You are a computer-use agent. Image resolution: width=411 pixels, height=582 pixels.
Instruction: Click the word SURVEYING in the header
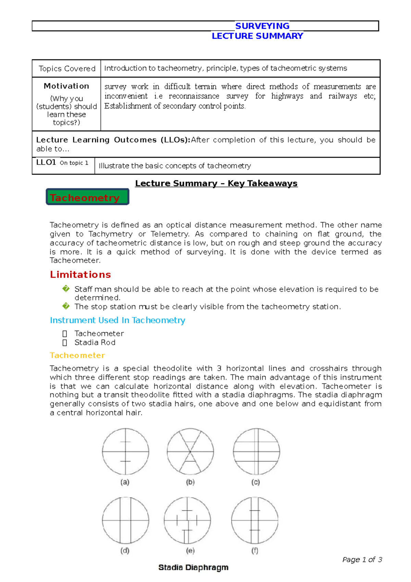tap(262, 26)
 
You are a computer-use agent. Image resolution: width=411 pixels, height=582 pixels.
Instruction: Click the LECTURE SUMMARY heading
tap(257, 36)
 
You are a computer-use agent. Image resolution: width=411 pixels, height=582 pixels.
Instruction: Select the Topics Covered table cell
tap(67, 69)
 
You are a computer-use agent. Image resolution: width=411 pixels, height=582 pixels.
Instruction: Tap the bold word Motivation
tap(66, 86)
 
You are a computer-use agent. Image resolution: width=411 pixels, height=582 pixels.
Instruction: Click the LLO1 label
tap(46, 162)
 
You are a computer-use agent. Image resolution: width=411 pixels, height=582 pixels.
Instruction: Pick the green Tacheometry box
tap(87, 197)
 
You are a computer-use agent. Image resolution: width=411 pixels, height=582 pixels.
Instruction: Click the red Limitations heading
tap(80, 275)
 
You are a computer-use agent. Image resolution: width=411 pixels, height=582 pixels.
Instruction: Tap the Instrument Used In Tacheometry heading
tap(117, 320)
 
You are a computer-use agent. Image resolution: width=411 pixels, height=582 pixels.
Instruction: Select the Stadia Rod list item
tap(95, 342)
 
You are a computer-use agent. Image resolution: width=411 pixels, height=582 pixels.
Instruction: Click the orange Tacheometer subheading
tap(77, 355)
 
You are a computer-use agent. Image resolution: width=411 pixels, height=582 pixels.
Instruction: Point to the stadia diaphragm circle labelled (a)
tap(125, 452)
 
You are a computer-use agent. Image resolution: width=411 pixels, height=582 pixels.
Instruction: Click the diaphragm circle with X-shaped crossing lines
tap(190, 452)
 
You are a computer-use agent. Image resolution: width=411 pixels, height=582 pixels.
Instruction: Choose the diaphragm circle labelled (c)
tap(257, 452)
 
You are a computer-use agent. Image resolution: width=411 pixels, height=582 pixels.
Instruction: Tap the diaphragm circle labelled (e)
tap(187, 521)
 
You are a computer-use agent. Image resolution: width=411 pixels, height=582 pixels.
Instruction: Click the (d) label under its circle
tap(125, 551)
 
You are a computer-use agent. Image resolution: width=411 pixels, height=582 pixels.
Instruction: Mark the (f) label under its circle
tap(254, 551)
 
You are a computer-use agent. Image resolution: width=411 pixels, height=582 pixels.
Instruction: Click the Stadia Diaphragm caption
tap(193, 568)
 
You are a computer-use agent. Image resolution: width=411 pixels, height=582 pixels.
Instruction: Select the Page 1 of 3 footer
tap(362, 560)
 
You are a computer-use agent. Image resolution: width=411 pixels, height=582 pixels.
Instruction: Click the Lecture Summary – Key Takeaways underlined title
tap(216, 183)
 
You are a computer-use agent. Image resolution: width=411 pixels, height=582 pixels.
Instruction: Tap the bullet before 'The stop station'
tap(66, 306)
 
